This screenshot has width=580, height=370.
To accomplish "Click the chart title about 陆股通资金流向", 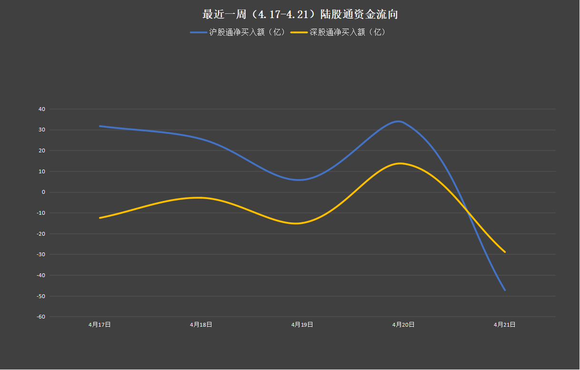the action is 300,14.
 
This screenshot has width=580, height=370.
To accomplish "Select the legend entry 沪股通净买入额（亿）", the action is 238,32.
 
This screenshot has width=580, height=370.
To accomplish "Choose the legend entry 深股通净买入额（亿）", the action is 338,32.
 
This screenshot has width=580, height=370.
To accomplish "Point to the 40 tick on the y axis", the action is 42,109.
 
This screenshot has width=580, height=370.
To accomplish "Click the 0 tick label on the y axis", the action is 43,192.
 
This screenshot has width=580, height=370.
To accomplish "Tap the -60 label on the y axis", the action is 41,317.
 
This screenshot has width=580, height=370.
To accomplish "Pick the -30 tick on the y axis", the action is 41,254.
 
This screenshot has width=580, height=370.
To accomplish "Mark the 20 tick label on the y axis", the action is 42,150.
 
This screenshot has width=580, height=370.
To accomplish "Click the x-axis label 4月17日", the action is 100,325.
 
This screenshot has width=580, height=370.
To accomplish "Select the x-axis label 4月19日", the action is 302,325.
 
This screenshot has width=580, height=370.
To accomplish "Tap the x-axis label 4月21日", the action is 504,325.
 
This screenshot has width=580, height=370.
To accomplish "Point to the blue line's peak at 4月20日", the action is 399,121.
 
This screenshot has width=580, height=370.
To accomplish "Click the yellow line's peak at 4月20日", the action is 400,163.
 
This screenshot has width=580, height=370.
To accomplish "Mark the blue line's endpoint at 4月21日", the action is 505,290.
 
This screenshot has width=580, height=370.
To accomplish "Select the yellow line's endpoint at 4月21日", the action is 505,252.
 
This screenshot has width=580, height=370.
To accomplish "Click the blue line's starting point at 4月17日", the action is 100,126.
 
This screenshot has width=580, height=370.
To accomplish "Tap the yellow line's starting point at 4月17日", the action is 100,218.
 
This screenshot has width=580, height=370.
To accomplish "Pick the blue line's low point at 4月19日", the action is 299,180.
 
